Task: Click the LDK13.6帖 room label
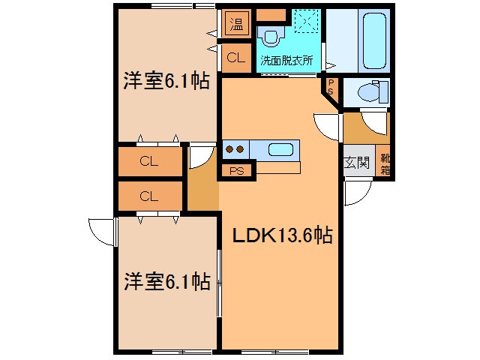283,235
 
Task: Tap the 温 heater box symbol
237,24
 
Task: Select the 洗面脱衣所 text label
286,60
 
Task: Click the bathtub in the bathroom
374,40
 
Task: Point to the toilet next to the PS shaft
373,91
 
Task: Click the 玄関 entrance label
357,162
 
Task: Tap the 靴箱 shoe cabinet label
385,164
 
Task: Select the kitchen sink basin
280,150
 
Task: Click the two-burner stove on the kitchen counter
235,149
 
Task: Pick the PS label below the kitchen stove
237,171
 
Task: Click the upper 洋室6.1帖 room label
166,81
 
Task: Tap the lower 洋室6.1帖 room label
167,281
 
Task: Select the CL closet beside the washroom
236,57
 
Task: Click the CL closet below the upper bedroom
149,161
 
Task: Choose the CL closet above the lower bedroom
149,196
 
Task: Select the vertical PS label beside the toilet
331,87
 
